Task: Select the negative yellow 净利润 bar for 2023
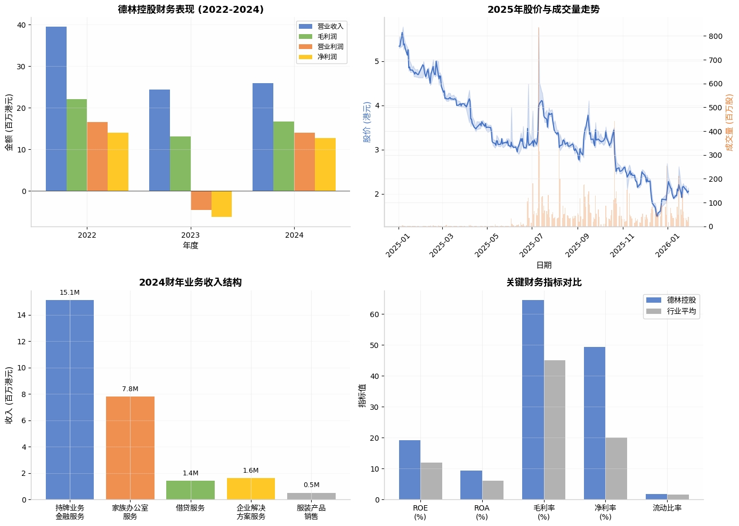(222, 204)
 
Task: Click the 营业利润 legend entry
(330, 46)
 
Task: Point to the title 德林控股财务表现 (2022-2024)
(191, 10)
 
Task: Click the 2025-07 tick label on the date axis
(531, 246)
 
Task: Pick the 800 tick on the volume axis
(716, 36)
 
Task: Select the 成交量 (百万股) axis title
(729, 123)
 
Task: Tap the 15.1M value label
(69, 293)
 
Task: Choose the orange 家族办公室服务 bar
(130, 448)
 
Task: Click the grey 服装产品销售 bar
(311, 496)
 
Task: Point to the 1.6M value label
(250, 471)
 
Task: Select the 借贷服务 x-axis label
(190, 508)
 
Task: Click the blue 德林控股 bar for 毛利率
(533, 400)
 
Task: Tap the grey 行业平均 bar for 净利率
(616, 468)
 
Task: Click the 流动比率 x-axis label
(667, 508)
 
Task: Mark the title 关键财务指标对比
(543, 282)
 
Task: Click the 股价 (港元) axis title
(367, 122)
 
